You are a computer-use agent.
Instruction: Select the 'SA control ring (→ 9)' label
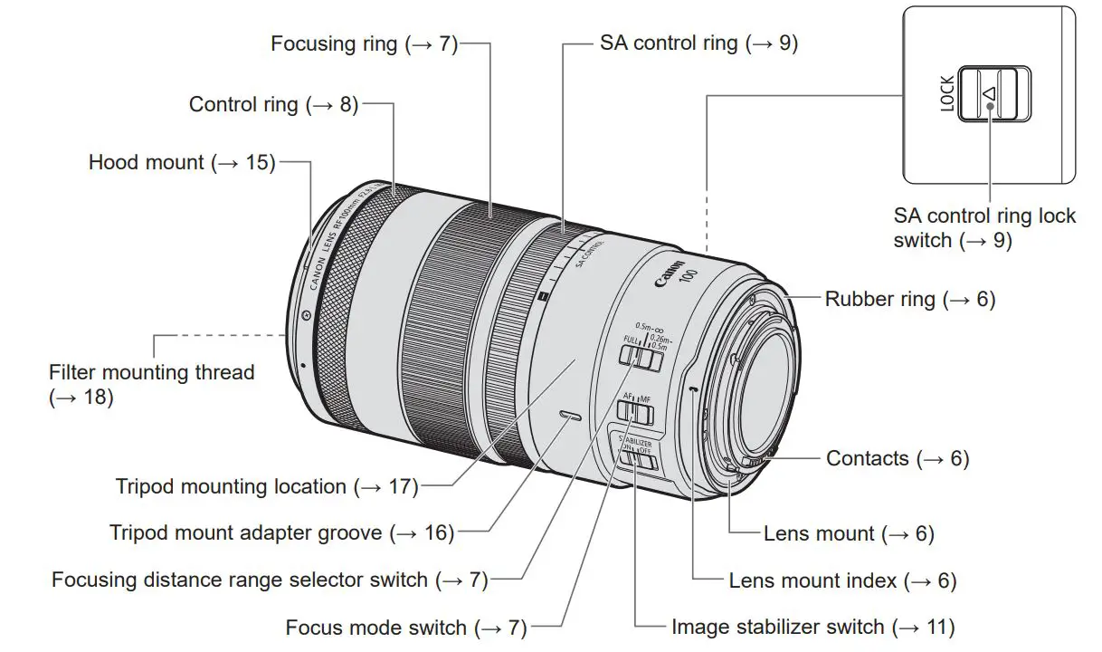coord(698,43)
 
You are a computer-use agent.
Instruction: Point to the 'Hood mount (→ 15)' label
coord(181,163)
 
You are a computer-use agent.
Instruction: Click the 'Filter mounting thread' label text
coord(151,372)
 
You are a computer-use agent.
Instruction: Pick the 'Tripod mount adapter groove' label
coord(281,533)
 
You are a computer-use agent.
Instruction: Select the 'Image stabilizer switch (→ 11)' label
coord(812,627)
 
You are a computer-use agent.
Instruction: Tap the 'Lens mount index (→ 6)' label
coord(842,580)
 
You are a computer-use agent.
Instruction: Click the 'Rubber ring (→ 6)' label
coord(909,300)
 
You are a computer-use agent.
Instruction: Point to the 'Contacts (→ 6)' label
coord(897,459)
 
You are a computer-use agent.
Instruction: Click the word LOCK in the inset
coord(947,94)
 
